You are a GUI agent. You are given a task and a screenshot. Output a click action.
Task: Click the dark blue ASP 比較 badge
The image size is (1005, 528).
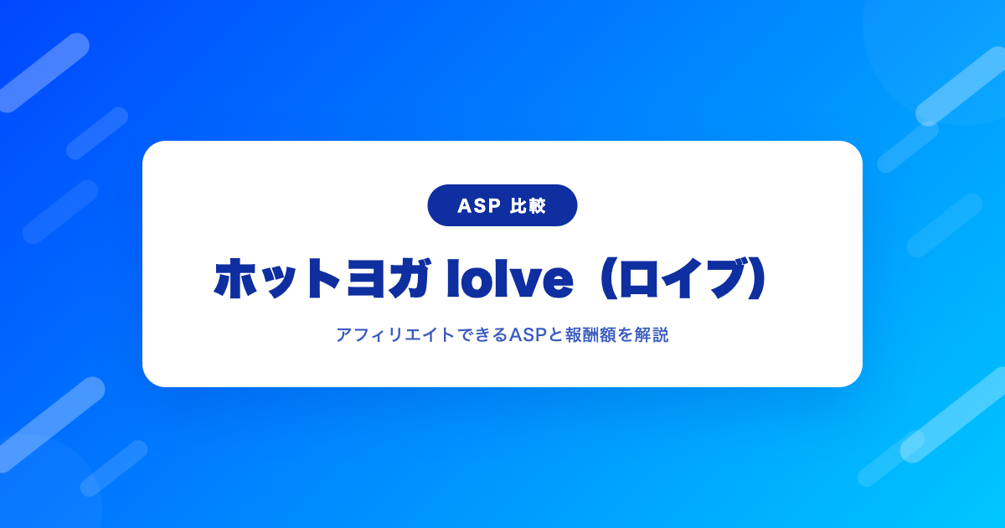click(x=502, y=205)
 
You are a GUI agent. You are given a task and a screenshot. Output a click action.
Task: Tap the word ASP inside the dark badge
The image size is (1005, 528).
click(x=479, y=205)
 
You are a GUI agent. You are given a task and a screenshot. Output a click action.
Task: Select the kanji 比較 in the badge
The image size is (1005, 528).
click(x=528, y=205)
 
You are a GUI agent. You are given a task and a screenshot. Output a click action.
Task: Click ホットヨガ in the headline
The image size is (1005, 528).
click(x=322, y=278)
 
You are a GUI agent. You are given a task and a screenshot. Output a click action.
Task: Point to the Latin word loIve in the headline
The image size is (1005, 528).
click(x=510, y=278)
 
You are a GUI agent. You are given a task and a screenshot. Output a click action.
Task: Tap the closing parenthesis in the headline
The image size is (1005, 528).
click(x=758, y=278)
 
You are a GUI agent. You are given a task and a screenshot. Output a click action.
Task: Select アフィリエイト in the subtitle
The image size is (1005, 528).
click(x=395, y=335)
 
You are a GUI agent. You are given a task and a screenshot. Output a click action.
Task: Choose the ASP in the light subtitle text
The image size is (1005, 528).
click(x=528, y=335)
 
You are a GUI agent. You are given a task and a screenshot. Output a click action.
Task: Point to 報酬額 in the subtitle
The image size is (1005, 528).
click(x=590, y=335)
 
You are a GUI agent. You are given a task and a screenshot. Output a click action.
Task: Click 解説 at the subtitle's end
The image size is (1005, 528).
click(x=652, y=335)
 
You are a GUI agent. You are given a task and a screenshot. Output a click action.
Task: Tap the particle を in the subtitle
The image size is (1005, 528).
click(x=625, y=335)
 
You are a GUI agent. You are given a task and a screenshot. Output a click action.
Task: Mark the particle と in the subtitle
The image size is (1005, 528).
click(x=556, y=335)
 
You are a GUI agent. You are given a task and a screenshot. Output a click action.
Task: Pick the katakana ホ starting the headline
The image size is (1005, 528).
click(x=234, y=278)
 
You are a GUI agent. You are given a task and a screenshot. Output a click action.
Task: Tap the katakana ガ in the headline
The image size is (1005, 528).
click(x=410, y=278)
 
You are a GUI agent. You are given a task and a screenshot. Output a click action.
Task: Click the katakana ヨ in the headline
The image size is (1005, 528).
click(x=366, y=279)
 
